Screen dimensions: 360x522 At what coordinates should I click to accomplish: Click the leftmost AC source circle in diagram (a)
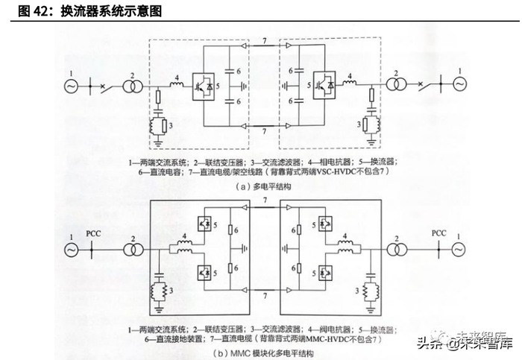[x=72, y=86]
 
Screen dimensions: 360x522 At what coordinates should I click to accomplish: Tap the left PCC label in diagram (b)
[x=94, y=235]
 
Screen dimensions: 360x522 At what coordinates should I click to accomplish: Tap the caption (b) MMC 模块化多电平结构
[x=262, y=353]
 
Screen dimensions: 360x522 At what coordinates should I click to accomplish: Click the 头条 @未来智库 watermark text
[x=463, y=344]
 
